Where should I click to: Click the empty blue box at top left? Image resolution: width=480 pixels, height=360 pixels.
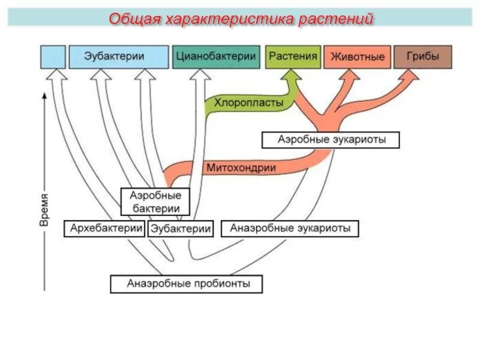click(x=53, y=56)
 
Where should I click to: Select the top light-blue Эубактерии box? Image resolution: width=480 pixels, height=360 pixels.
click(x=119, y=56)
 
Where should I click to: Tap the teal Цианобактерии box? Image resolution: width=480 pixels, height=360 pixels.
click(x=216, y=56)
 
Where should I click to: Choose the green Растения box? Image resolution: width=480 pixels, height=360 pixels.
click(x=292, y=56)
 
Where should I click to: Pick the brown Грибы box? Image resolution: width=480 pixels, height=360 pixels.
click(x=422, y=56)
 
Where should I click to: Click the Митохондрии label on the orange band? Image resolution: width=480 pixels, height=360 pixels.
click(x=241, y=168)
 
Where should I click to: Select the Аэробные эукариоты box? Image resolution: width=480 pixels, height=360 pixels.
click(x=331, y=139)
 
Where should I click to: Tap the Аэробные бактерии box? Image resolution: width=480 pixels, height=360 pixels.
click(x=156, y=202)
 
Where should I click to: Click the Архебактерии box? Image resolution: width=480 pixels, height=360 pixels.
click(x=104, y=228)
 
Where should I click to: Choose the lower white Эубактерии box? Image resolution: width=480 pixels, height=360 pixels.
click(x=181, y=229)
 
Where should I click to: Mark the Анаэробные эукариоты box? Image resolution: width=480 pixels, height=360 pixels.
click(x=290, y=228)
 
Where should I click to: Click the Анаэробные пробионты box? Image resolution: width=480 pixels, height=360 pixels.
click(x=187, y=283)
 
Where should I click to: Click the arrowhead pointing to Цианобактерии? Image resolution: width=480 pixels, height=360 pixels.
click(x=199, y=75)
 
